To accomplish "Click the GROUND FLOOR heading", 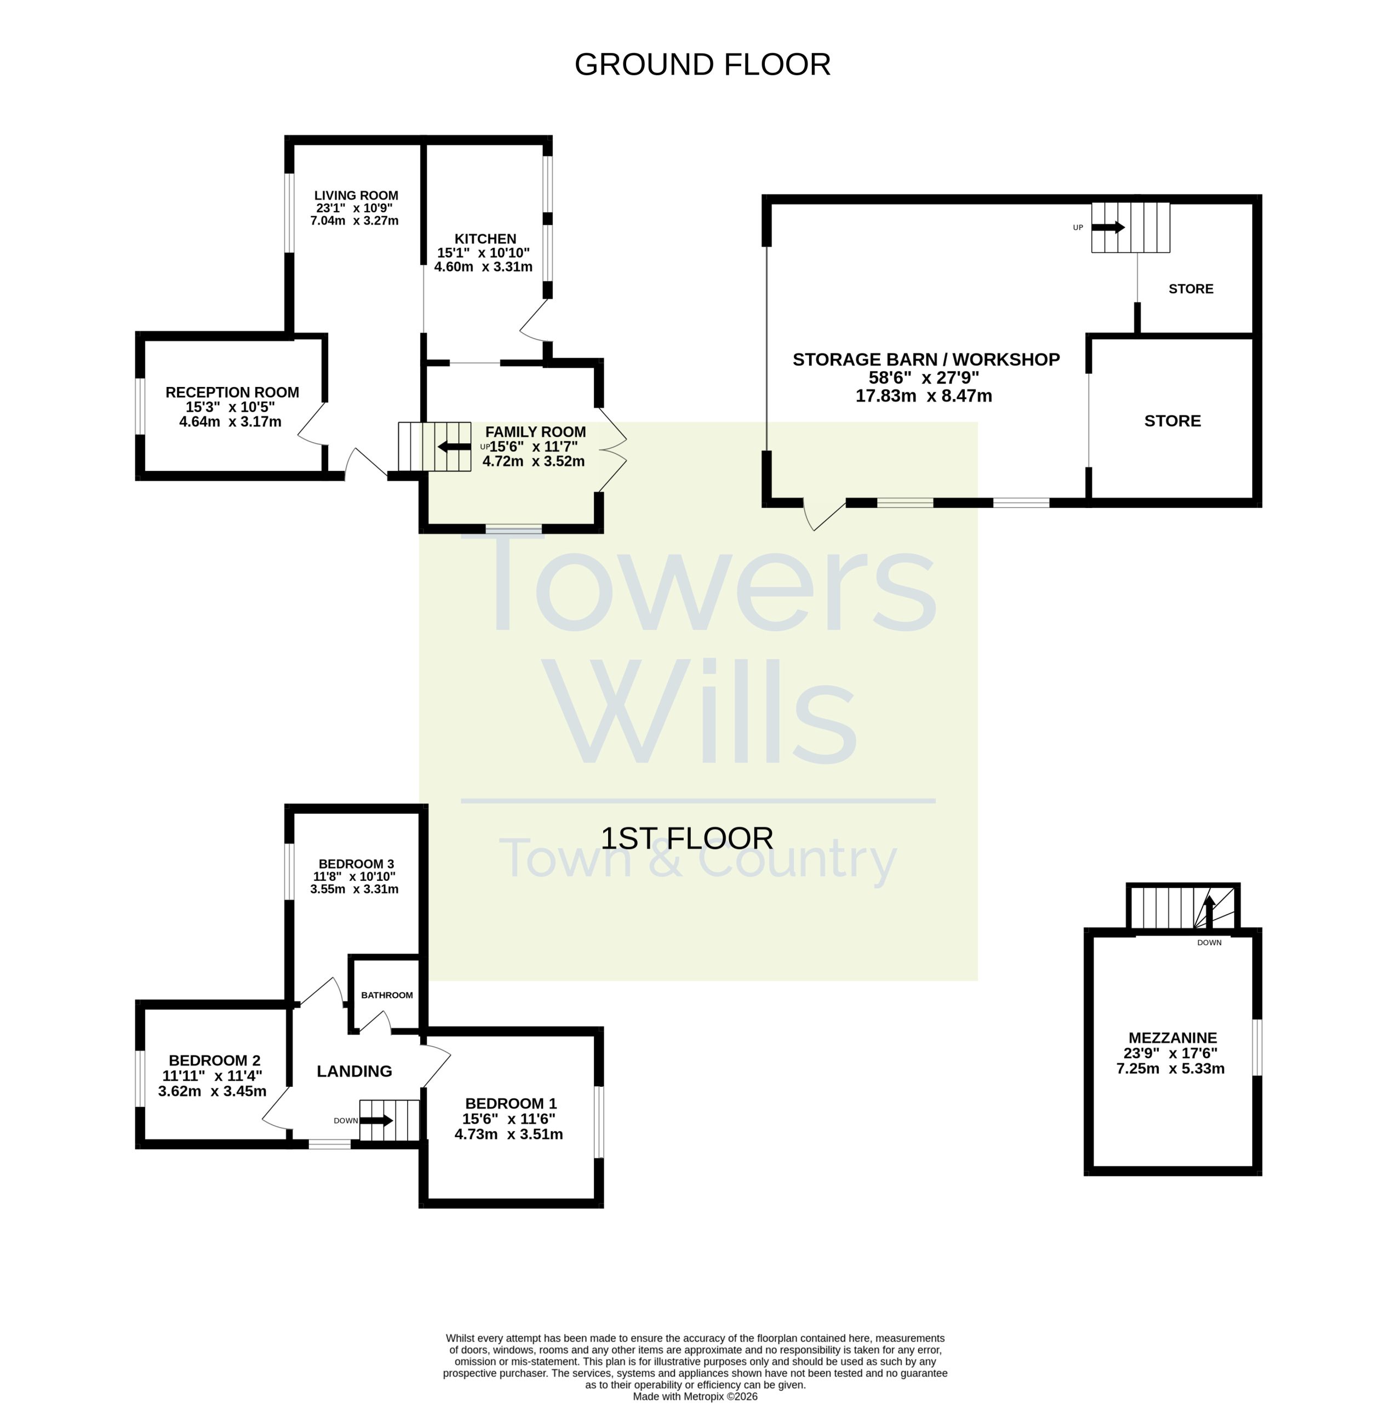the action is pos(702,65).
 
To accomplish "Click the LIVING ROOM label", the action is pos(356,195).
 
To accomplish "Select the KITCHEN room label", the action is pos(485,239).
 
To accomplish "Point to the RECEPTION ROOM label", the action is pos(232,392).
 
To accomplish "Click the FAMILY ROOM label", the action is pos(535,432).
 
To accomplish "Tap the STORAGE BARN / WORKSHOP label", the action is pos(926,360).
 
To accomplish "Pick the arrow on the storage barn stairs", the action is pos(1108,227).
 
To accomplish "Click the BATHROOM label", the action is pos(387,995).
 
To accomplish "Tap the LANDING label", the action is pos(354,1071).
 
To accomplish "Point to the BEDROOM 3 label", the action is pos(356,863).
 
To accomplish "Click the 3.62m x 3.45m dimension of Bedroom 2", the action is pos(212,1091).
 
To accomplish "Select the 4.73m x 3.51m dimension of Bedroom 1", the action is pos(508,1133).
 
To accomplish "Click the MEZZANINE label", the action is pos(1172,1037).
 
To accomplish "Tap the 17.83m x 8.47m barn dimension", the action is pos(924,396).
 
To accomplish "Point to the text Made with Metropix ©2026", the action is pos(695,1396).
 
